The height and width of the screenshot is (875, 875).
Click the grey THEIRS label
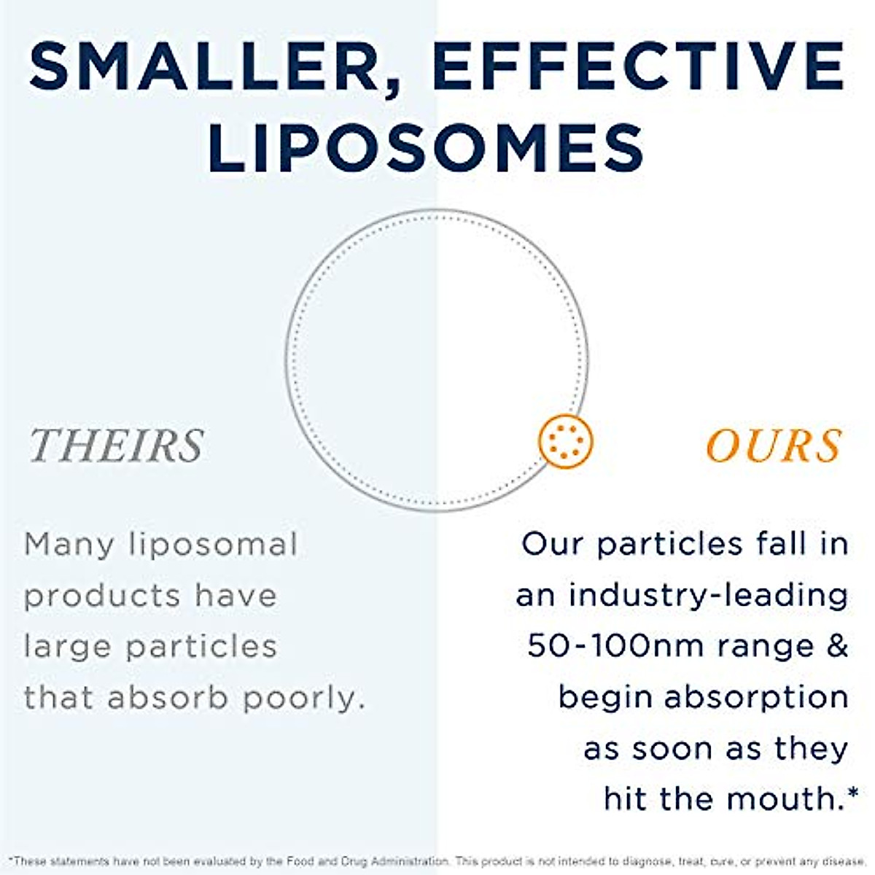click(117, 446)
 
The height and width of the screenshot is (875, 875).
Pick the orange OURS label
click(774, 446)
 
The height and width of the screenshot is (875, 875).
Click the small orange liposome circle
click(566, 441)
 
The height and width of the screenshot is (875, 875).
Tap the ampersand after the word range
click(838, 646)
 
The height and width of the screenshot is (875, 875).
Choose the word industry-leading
click(708, 596)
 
